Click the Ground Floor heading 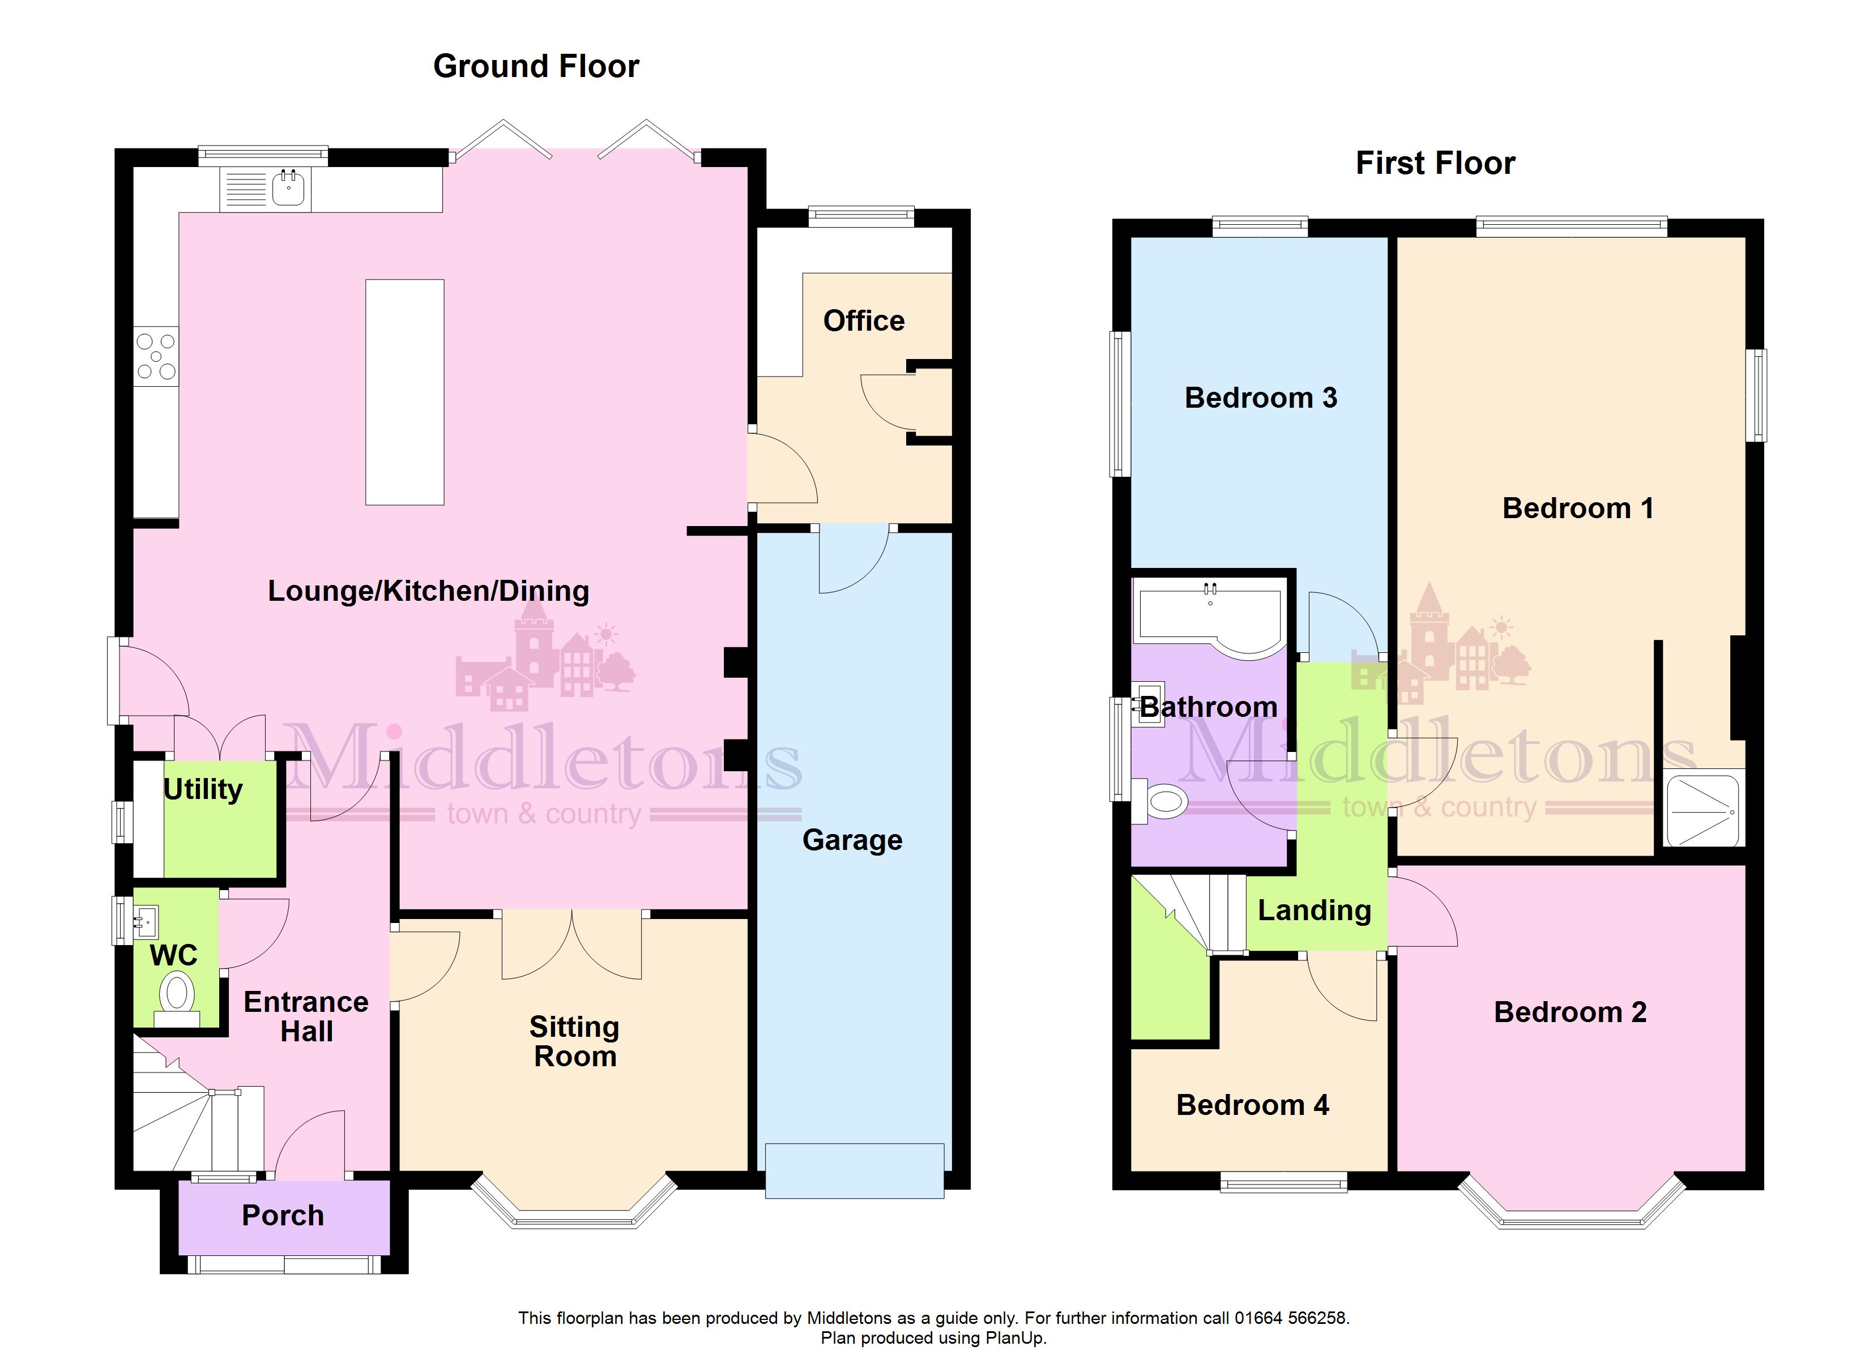pyautogui.click(x=536, y=66)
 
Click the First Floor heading pyautogui.click(x=1436, y=163)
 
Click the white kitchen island pyautogui.click(x=404, y=392)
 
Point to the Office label pyautogui.click(x=864, y=320)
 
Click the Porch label pyautogui.click(x=283, y=1216)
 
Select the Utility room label pyautogui.click(x=203, y=789)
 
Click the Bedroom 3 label pyautogui.click(x=1261, y=398)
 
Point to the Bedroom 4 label pyautogui.click(x=1253, y=1105)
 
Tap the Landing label pyautogui.click(x=1315, y=911)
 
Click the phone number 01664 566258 pyautogui.click(x=1290, y=1318)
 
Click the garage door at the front pyautogui.click(x=855, y=1170)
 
